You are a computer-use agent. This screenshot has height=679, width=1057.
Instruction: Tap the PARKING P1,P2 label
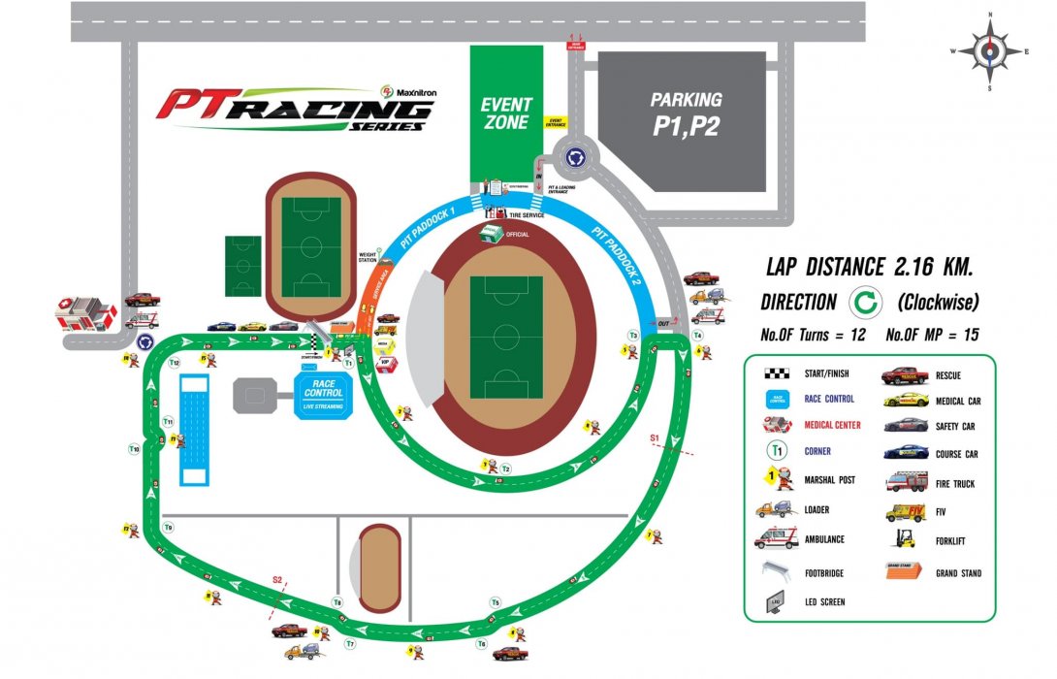pyautogui.click(x=686, y=113)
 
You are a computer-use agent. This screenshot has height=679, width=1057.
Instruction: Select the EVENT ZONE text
pyautogui.click(x=506, y=113)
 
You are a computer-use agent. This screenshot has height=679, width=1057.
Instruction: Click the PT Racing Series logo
pyautogui.click(x=296, y=109)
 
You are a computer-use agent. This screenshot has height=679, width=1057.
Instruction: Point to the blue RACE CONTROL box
pyautogui.click(x=322, y=398)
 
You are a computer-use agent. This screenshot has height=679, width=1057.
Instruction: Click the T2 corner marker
pyautogui.click(x=505, y=469)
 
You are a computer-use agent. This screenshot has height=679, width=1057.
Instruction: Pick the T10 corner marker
pyautogui.click(x=135, y=450)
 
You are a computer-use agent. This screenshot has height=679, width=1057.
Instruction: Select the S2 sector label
pyautogui.click(x=276, y=580)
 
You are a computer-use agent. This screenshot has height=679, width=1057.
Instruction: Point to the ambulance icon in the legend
pyautogui.click(x=776, y=539)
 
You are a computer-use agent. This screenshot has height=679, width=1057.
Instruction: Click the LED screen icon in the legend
pyautogui.click(x=776, y=601)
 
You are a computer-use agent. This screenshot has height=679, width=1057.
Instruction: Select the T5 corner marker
pyautogui.click(x=495, y=603)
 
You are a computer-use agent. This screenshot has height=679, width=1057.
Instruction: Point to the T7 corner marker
pyautogui.click(x=350, y=643)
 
